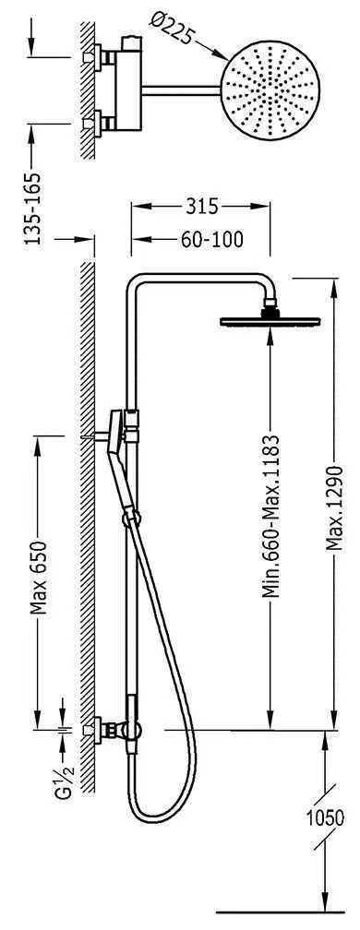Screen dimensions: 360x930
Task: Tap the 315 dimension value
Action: (202, 207)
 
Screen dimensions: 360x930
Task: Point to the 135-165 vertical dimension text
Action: (32, 209)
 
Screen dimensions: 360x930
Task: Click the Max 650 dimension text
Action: (38, 578)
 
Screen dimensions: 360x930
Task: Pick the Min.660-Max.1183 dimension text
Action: (271, 517)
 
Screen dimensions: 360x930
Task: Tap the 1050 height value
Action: (325, 817)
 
